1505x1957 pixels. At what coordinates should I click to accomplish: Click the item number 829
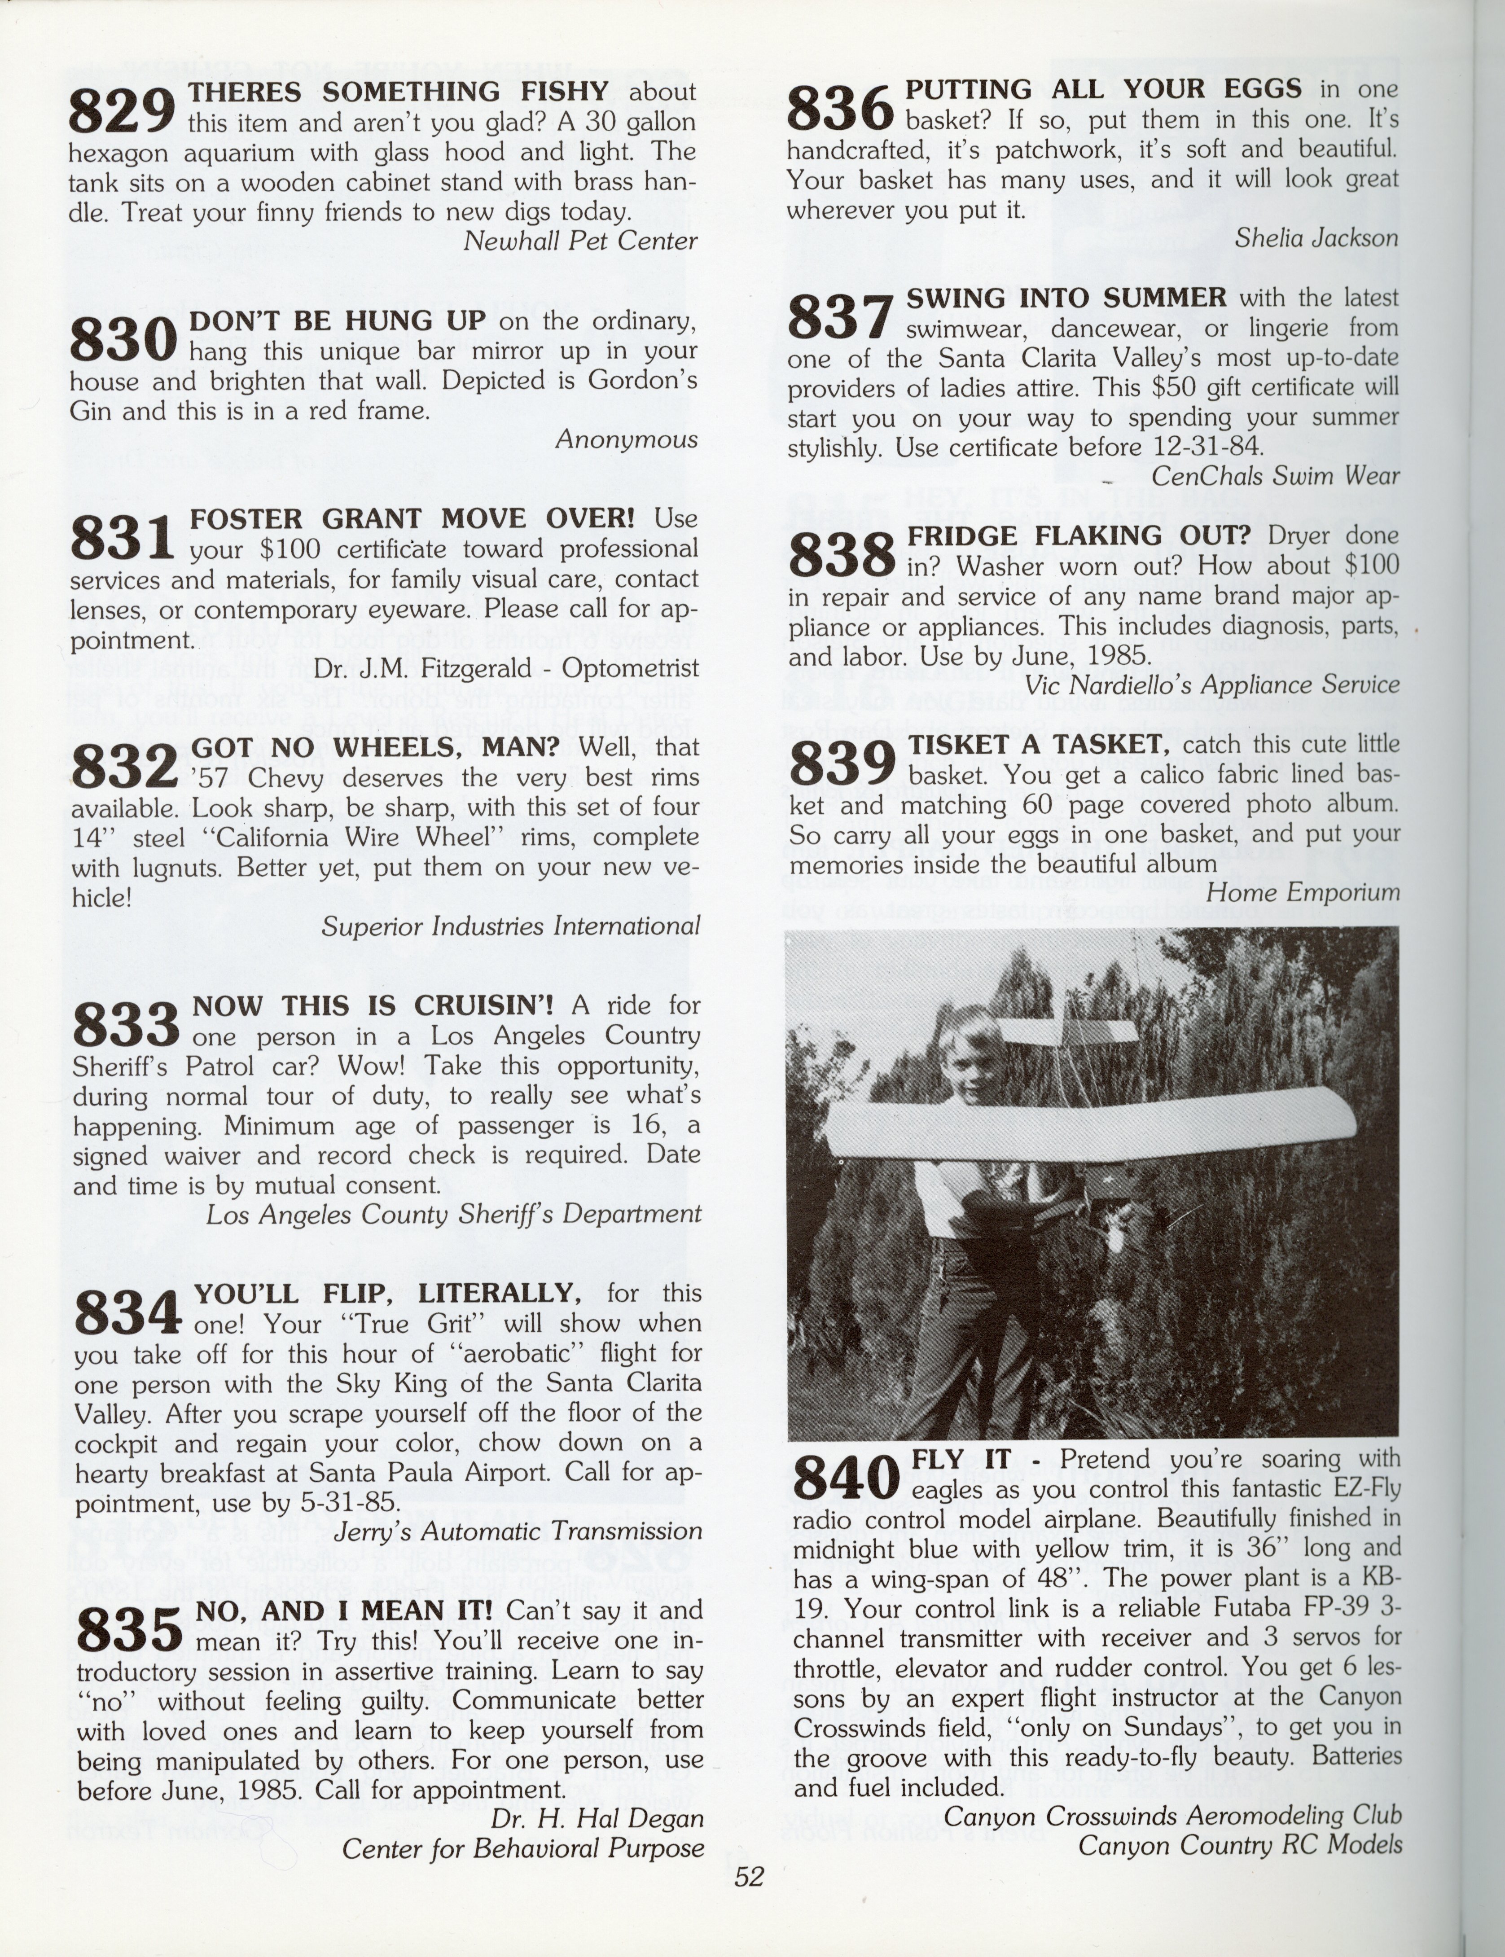122,113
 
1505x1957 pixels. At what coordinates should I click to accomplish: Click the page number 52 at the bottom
749,1875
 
